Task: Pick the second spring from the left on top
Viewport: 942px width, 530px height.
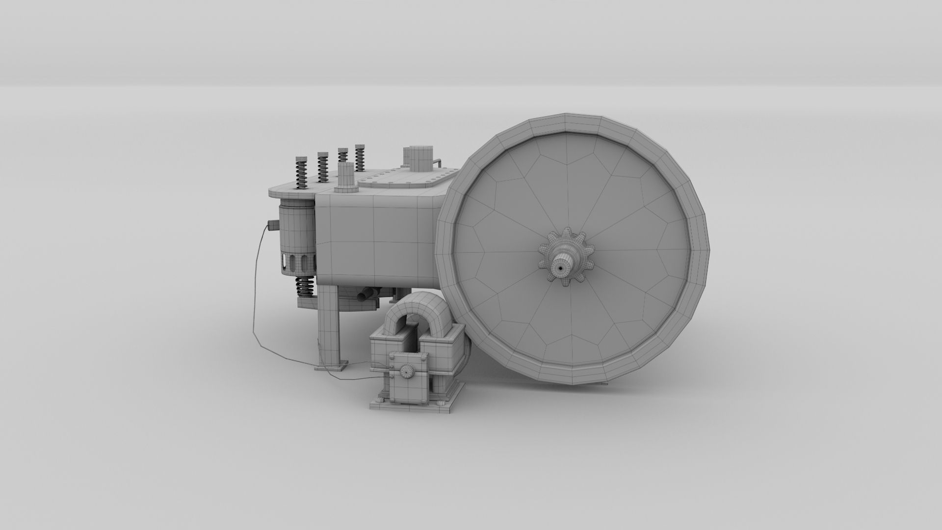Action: (x=322, y=167)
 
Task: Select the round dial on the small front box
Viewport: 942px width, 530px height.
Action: (x=406, y=372)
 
